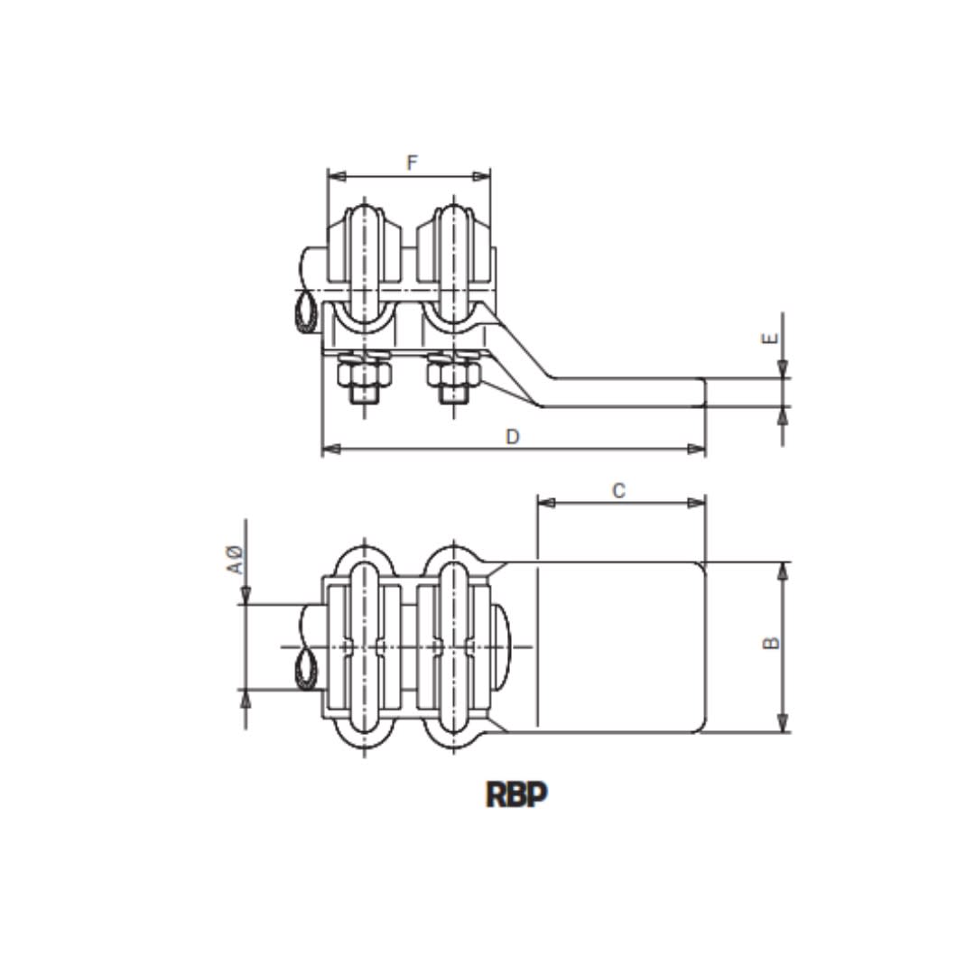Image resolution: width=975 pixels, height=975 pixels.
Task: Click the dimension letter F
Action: (412, 162)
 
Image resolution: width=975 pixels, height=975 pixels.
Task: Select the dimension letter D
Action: (512, 436)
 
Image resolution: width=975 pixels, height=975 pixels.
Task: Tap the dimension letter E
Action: (769, 339)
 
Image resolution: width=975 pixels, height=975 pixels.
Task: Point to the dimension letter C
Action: (618, 490)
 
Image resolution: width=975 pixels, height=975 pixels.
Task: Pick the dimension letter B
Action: (770, 643)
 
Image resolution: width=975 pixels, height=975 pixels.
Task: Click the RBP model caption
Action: (517, 794)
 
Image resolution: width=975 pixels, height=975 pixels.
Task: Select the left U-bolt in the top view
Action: (365, 646)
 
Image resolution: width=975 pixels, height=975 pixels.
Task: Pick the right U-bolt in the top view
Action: (452, 646)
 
